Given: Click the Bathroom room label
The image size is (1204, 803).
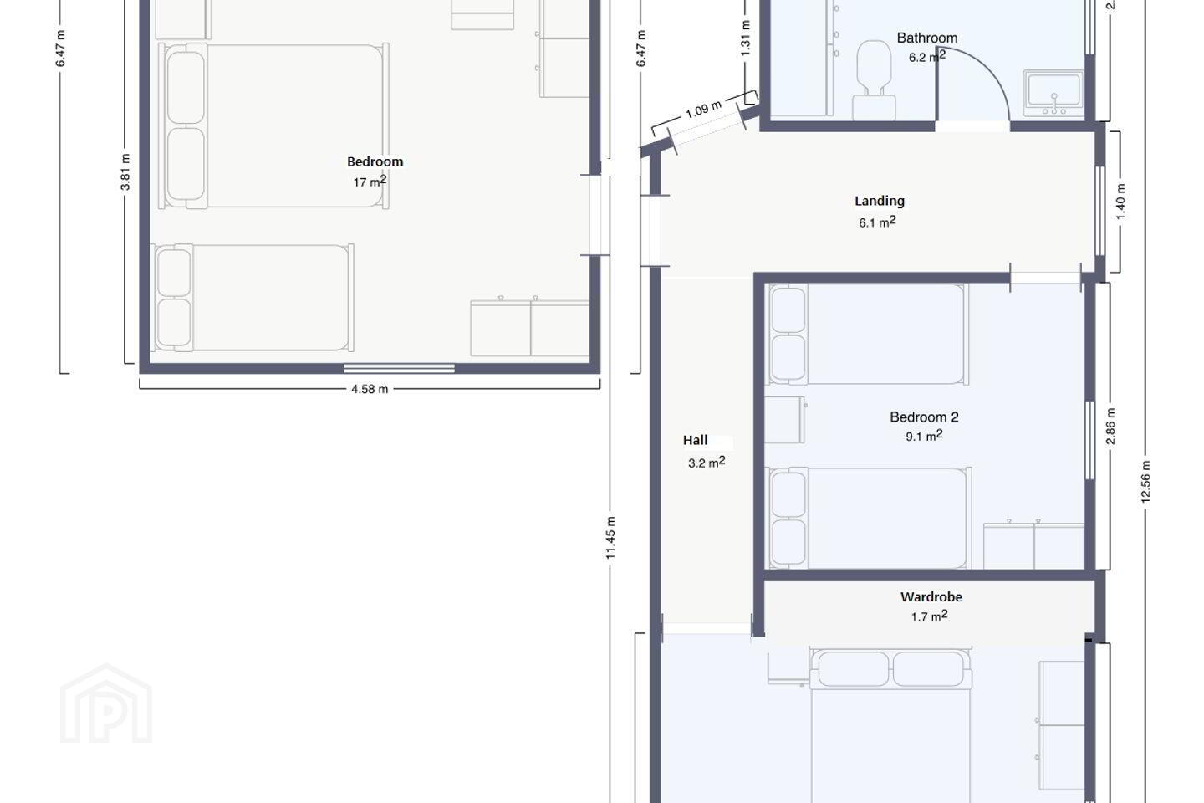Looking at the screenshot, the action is [926, 38].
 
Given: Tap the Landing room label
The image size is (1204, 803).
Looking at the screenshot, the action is [880, 201].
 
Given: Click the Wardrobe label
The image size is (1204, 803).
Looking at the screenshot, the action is [931, 597].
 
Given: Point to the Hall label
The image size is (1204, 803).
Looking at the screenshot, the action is [695, 441].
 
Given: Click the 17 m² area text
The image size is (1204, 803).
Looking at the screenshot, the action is [370, 182].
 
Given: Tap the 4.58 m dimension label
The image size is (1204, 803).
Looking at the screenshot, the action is [370, 389].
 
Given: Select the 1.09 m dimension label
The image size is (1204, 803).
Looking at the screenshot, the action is [703, 110].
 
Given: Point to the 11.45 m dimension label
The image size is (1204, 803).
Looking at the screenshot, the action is [610, 538].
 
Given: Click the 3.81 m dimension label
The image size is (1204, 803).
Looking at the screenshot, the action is [125, 172].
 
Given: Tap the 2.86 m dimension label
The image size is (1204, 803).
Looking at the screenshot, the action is [1110, 427].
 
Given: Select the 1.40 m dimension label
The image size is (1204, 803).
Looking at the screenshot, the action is [1120, 202].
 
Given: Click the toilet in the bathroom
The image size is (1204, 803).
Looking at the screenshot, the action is [874, 80].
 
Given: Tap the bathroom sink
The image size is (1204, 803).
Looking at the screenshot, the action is [1053, 93].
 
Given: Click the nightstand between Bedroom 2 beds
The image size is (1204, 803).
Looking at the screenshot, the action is [785, 420].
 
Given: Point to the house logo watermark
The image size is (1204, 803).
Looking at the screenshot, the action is [106, 703].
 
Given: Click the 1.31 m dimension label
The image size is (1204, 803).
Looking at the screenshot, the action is [745, 38].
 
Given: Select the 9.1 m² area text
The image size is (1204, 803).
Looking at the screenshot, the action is [924, 436].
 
